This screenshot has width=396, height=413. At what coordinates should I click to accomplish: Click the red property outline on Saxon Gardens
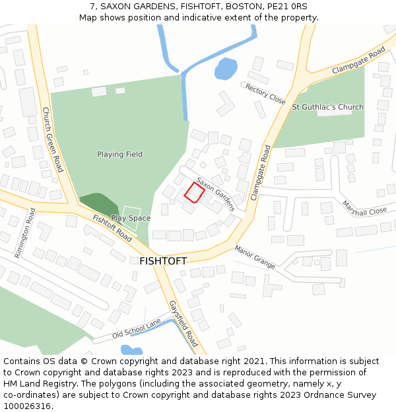click(193, 192)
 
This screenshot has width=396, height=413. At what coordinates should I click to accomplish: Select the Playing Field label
click(119, 155)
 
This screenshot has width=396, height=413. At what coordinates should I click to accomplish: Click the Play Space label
click(131, 218)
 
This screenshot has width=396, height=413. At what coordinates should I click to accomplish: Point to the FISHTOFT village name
click(163, 261)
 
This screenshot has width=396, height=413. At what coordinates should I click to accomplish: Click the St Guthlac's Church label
click(327, 107)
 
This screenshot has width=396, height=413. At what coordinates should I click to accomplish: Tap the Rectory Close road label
click(265, 94)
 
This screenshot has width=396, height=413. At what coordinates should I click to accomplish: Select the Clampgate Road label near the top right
click(358, 60)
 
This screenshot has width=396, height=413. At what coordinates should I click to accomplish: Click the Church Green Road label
click(52, 139)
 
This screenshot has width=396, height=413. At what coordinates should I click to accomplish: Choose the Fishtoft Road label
click(112, 227)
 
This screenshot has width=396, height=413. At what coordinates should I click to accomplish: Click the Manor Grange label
click(255, 256)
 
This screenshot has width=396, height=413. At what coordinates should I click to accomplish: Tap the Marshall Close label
click(364, 211)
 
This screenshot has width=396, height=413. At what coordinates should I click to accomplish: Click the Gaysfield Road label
click(183, 324)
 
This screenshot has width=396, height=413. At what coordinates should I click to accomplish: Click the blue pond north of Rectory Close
click(226, 68)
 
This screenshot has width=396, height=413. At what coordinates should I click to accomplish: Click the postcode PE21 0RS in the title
click(288, 6)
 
